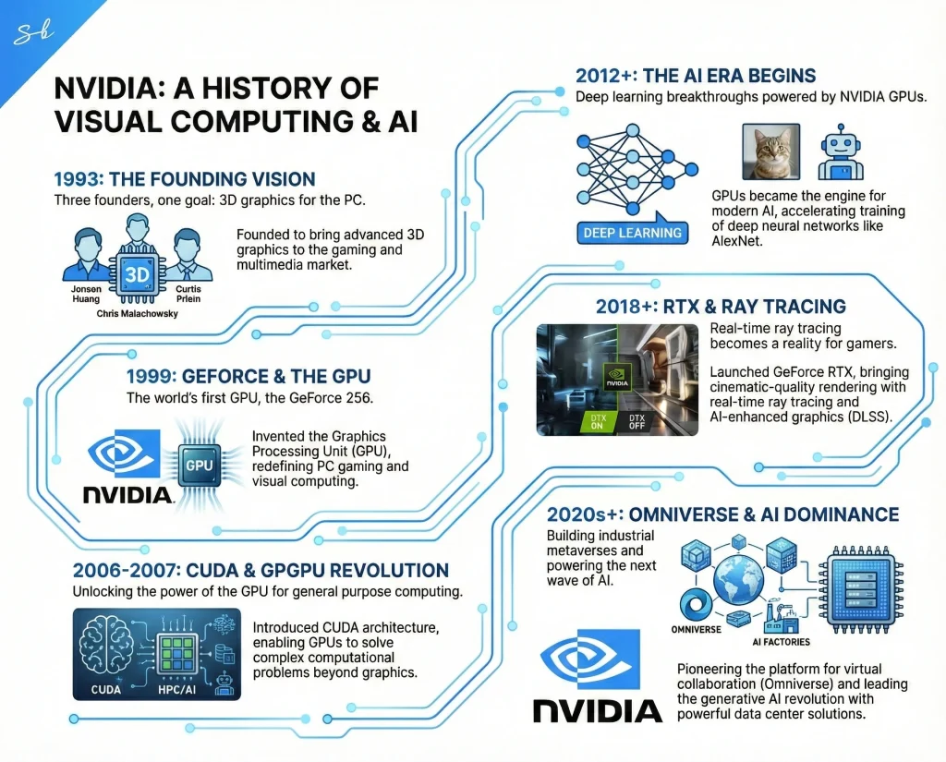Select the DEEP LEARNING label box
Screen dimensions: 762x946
[x=633, y=233]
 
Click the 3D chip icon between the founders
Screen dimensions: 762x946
[x=137, y=275]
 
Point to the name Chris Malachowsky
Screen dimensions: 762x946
[x=137, y=314]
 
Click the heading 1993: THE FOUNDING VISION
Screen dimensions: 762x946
[x=185, y=179]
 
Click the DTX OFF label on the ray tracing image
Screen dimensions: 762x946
[x=637, y=420]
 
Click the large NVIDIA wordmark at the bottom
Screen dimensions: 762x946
[x=598, y=710]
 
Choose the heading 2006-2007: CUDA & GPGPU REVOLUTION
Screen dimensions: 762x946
[x=251, y=571]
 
